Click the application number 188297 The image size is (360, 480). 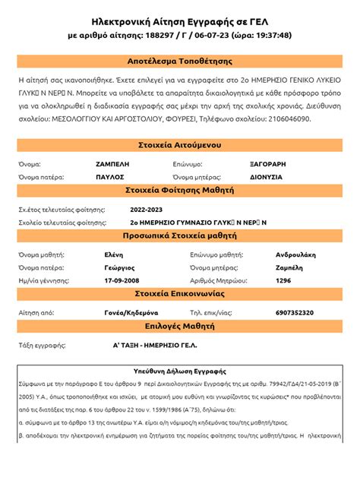[x=155, y=35]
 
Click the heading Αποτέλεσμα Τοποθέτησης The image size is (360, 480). [x=180, y=61]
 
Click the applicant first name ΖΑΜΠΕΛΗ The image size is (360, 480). [x=112, y=163]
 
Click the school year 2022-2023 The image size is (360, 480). [x=147, y=208]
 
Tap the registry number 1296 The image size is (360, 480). [x=283, y=280]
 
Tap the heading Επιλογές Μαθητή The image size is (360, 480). [x=180, y=326]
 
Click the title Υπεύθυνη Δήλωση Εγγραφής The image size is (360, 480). [x=180, y=372]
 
